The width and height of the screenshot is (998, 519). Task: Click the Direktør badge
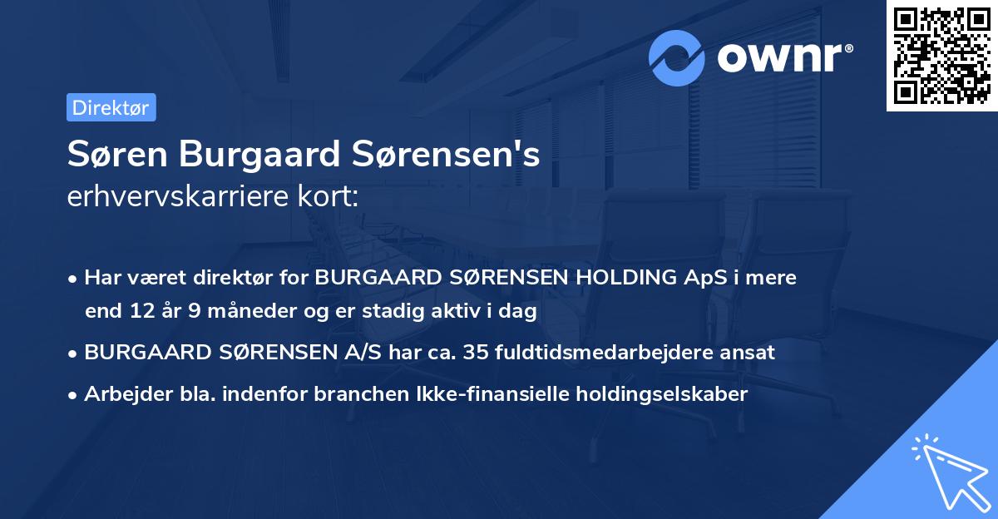pos(111,107)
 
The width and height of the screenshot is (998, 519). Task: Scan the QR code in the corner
pos(942,55)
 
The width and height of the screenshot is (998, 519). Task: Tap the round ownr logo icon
pos(677,57)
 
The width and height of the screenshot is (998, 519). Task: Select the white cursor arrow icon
pos(948,473)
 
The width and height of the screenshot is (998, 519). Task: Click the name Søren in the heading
pos(119,154)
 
